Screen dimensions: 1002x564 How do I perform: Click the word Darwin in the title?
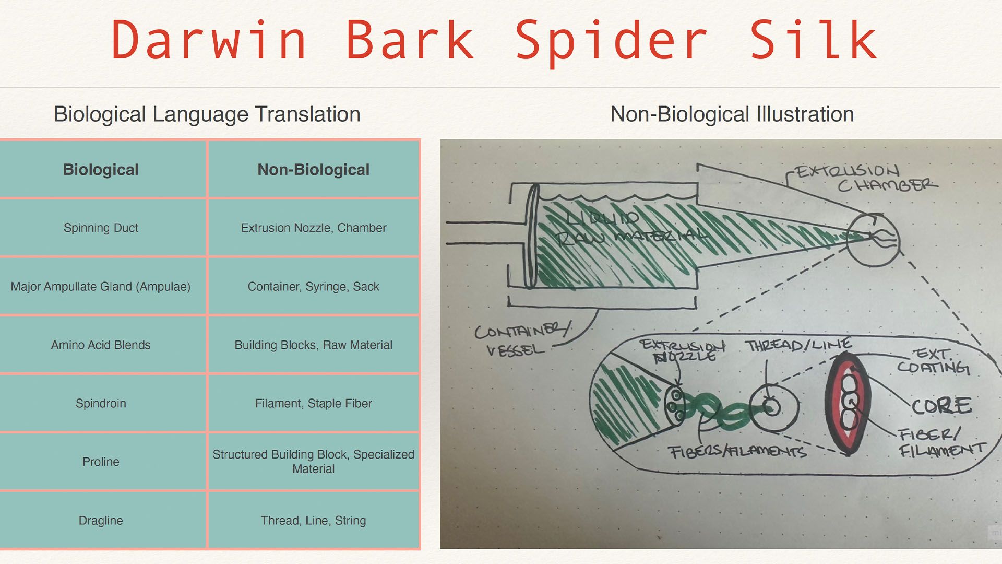click(x=209, y=41)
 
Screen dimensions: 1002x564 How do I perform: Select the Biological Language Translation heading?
click(x=207, y=114)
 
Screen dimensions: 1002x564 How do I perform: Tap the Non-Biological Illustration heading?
click(x=732, y=114)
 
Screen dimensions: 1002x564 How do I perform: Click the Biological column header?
click(x=101, y=170)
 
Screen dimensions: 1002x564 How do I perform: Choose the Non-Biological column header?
click(x=313, y=170)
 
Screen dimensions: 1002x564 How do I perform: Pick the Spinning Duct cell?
click(x=101, y=228)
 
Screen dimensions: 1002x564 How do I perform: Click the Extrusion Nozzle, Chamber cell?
click(x=313, y=228)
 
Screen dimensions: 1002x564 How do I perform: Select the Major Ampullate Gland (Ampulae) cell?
click(x=101, y=286)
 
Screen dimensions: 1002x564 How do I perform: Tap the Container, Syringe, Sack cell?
click(x=313, y=286)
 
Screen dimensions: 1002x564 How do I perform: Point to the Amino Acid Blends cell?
click(x=101, y=345)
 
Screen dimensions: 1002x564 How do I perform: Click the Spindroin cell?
click(x=101, y=403)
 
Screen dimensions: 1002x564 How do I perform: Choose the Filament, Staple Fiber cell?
click(x=313, y=403)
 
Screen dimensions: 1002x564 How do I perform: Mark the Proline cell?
click(x=101, y=462)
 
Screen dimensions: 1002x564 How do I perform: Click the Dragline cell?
click(x=101, y=520)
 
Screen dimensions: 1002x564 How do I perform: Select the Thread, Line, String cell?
click(x=313, y=520)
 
